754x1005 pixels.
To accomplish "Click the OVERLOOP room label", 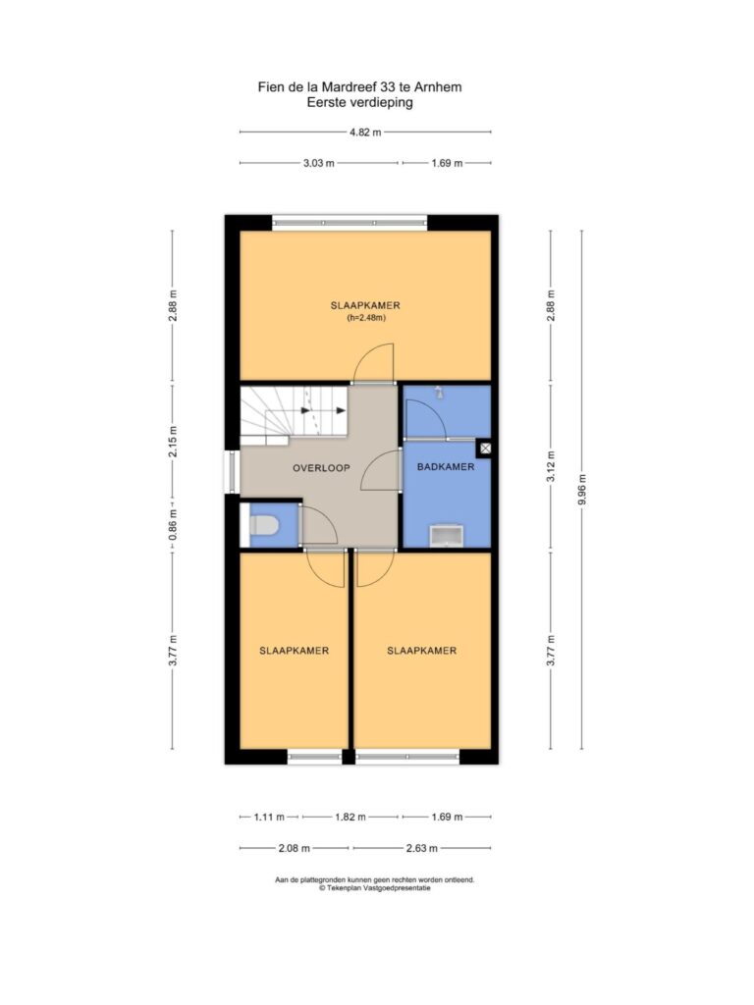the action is pyautogui.click(x=321, y=468).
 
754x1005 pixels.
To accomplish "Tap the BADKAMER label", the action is pyautogui.click(x=446, y=466).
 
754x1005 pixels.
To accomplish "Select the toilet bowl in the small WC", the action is pyautogui.click(x=263, y=526).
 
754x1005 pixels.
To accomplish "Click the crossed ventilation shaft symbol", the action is pyautogui.click(x=485, y=449).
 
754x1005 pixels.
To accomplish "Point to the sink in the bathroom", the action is pyautogui.click(x=447, y=536).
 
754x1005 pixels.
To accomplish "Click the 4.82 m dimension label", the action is pyautogui.click(x=365, y=132).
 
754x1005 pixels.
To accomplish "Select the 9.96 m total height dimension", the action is pyautogui.click(x=582, y=489).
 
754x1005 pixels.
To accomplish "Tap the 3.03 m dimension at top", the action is pyautogui.click(x=319, y=163).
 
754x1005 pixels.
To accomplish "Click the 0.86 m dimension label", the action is pyautogui.click(x=173, y=524).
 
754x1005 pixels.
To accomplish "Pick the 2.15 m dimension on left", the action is pyautogui.click(x=173, y=442).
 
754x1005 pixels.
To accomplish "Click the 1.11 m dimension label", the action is pyautogui.click(x=269, y=817).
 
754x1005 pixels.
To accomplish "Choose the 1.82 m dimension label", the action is pyautogui.click(x=350, y=817).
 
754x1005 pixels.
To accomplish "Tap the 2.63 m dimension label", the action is pyautogui.click(x=422, y=848).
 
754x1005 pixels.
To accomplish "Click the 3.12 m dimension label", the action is pyautogui.click(x=551, y=467).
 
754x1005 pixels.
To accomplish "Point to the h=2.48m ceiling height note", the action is pyautogui.click(x=366, y=317).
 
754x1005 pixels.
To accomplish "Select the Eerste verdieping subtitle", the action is pyautogui.click(x=359, y=102).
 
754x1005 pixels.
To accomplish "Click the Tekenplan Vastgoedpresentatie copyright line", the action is pyautogui.click(x=375, y=888).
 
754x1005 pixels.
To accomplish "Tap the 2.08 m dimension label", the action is pyautogui.click(x=294, y=848).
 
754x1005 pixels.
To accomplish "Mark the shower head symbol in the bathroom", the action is pyautogui.click(x=438, y=392).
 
